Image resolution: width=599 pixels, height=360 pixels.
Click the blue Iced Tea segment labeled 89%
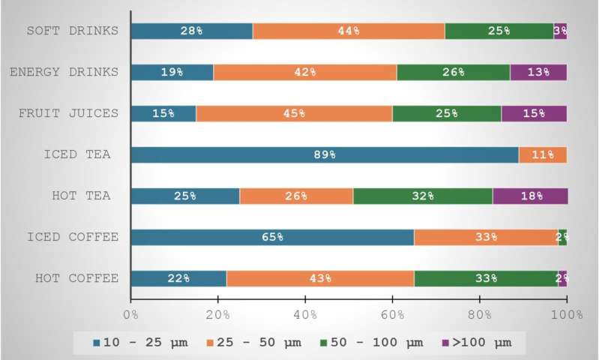[324, 155]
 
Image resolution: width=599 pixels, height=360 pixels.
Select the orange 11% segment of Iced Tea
[542, 155]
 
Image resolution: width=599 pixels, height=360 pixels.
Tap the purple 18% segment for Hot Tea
[529, 196]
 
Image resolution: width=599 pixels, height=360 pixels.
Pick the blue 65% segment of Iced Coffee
[272, 238]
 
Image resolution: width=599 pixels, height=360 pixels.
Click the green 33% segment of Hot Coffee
[486, 278]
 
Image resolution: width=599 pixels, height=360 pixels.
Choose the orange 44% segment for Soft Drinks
[348, 31]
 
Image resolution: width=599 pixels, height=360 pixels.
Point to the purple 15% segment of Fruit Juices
[534, 114]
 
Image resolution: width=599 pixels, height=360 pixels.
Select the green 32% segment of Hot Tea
[423, 196]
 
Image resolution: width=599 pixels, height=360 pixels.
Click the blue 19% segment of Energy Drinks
[172, 73]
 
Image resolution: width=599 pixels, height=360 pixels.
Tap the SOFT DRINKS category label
[72, 31]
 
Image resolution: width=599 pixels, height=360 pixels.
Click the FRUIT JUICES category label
[68, 114]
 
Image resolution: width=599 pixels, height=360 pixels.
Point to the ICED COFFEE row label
[72, 238]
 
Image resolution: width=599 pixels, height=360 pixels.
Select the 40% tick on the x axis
[305, 313]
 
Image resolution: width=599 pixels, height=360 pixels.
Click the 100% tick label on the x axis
[567, 313]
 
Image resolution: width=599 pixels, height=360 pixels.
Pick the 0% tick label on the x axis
[130, 313]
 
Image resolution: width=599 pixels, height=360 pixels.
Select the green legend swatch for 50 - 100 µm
[326, 343]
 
